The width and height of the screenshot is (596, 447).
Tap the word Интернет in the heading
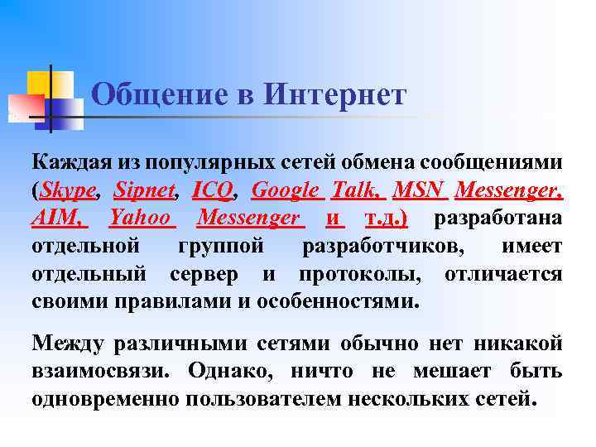[x=335, y=95]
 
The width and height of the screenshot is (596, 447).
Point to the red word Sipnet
[x=146, y=190]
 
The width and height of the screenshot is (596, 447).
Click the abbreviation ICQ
[x=212, y=190]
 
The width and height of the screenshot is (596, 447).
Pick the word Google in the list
[x=286, y=190]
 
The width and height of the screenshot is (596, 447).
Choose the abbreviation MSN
[x=420, y=190]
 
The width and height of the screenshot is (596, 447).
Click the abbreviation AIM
[x=58, y=218]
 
